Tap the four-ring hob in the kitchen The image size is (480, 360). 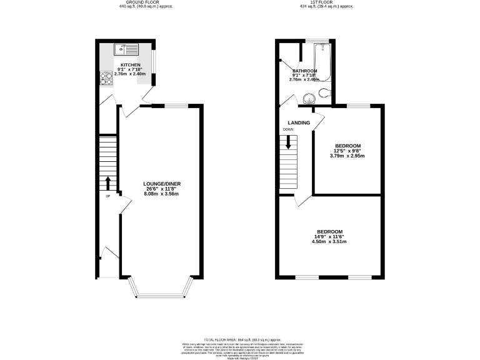[x=104, y=79]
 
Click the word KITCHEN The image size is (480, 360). [x=131, y=64]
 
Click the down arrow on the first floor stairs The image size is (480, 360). [x=288, y=141]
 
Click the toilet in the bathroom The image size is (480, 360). [x=322, y=93]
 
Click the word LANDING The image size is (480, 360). [x=298, y=122]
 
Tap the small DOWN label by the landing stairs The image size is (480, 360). [x=287, y=129]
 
